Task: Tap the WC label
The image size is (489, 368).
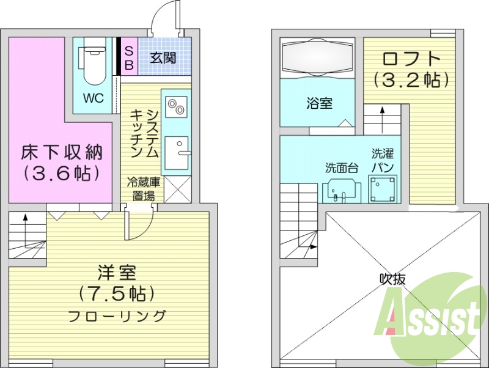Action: [94, 98]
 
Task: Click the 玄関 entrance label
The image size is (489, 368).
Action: [163, 58]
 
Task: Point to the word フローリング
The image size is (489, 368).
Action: [116, 316]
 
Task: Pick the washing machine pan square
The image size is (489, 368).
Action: [383, 189]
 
